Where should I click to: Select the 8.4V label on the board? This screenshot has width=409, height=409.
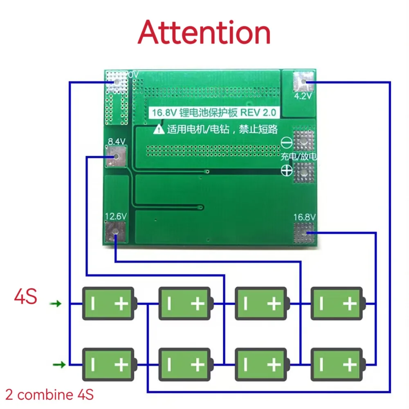click(116, 142)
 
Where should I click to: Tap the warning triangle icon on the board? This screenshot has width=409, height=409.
click(159, 130)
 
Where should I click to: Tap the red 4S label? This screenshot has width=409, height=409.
click(25, 297)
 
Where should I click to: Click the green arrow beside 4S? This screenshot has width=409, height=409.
click(56, 304)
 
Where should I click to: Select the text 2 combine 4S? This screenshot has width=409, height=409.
click(49, 395)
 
